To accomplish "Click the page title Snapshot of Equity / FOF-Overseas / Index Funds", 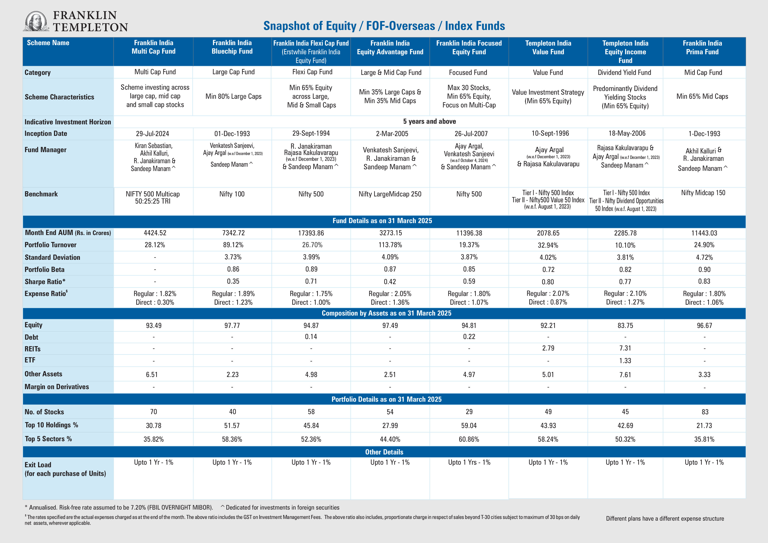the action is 384,26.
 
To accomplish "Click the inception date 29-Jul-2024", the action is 152,134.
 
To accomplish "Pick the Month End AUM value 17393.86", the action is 311,233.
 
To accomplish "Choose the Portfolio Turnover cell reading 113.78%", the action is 390,245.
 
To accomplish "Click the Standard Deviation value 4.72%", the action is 704,257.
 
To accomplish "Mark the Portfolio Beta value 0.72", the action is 548,270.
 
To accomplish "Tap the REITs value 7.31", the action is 625,348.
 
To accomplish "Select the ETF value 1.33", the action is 625,361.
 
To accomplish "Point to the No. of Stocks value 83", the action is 705,412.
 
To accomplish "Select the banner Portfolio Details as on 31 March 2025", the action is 386,399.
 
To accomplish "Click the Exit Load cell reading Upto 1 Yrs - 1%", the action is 469,462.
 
